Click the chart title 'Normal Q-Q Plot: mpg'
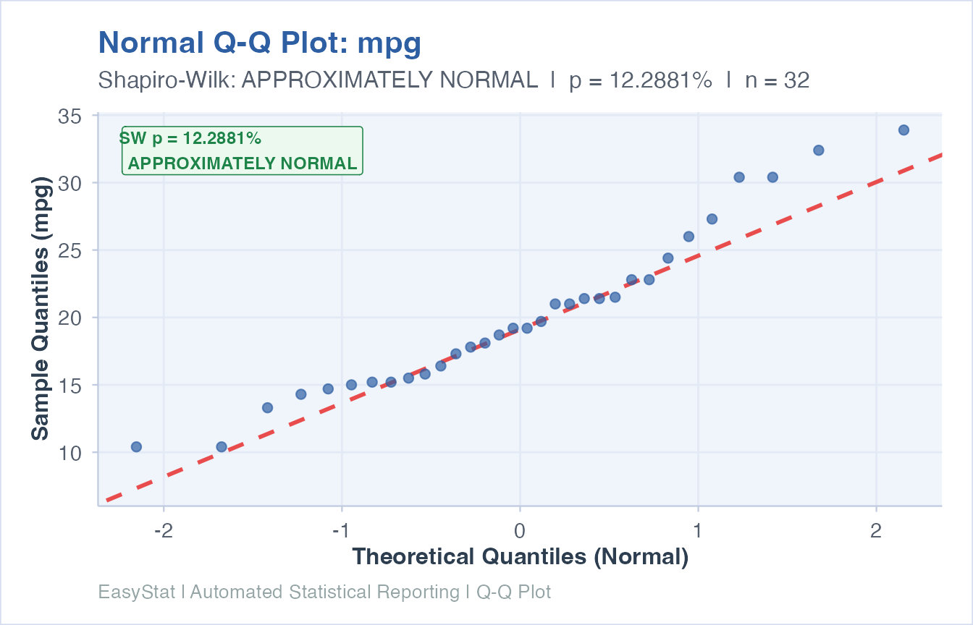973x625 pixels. coord(259,44)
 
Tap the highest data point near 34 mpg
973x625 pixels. coord(903,130)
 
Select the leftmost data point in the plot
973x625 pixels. coord(136,447)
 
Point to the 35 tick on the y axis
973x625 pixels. coord(69,116)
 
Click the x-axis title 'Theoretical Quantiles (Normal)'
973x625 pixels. coord(520,557)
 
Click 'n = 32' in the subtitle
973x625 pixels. coord(777,80)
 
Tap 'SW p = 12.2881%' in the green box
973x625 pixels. coord(190,138)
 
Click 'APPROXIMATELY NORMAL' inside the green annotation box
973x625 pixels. coord(243,163)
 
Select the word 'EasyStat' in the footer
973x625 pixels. coord(137,592)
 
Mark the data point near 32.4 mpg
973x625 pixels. coord(819,150)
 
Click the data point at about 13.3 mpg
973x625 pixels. coord(267,408)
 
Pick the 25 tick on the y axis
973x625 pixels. coord(69,250)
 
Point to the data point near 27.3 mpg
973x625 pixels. coord(712,219)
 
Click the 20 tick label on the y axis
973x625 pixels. coord(69,318)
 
